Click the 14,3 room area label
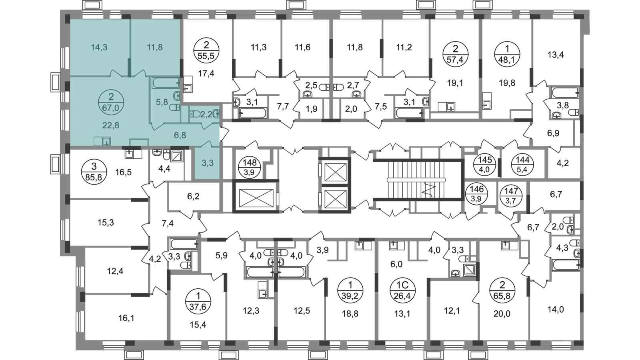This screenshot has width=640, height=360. pos(99,47)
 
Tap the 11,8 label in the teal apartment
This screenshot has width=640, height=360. pos(155,47)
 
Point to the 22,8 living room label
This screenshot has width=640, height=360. pos(111,125)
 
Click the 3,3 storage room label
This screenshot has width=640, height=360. pos(206,163)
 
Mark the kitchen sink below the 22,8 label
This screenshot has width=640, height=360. pos(102,141)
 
